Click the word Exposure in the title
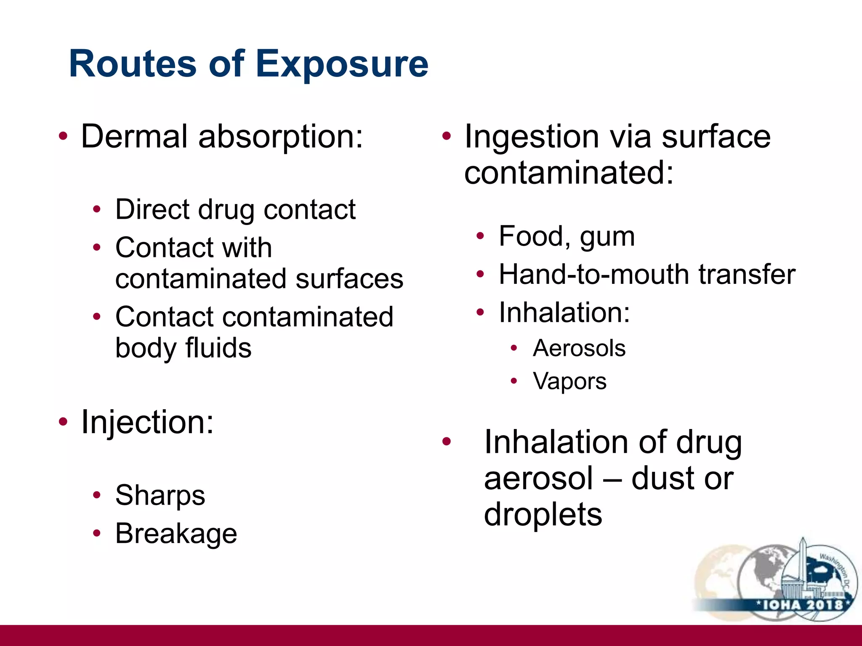342,64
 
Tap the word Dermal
134,136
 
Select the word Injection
147,422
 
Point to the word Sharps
160,495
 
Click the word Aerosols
579,348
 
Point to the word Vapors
569,381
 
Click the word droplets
543,514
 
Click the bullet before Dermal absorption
63,136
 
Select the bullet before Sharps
97,495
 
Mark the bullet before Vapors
513,381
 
